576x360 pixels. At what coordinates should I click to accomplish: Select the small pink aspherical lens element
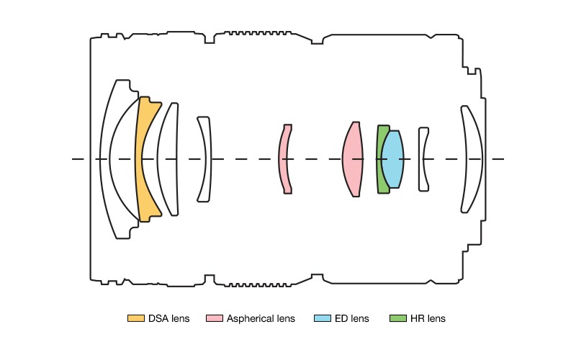click(x=285, y=158)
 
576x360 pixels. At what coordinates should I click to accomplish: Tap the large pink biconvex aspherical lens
click(x=352, y=158)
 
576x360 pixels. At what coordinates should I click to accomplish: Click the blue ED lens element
click(x=392, y=158)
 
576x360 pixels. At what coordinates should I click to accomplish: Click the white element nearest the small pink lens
click(x=206, y=158)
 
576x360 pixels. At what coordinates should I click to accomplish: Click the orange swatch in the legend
click(x=135, y=318)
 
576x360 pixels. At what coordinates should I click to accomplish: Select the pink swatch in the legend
click(x=214, y=318)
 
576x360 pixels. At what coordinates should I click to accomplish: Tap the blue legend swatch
click(x=323, y=318)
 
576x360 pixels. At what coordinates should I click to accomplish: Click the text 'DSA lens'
click(x=169, y=318)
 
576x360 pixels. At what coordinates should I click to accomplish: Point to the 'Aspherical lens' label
click(x=261, y=318)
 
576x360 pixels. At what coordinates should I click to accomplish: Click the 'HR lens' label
click(x=428, y=318)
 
